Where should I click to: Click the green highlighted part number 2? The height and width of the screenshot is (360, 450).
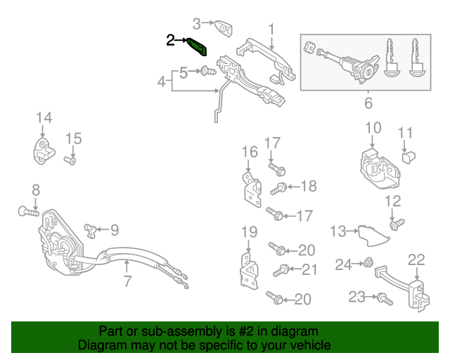point(197,46)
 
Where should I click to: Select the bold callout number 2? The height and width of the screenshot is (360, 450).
point(170,40)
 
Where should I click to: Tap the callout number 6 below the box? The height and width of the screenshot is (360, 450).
point(368,103)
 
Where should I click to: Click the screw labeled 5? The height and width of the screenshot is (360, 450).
point(208,70)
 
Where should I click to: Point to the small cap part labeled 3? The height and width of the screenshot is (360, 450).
point(224,28)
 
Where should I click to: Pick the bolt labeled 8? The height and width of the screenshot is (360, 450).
point(28,212)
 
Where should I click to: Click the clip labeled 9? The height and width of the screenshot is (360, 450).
point(91,231)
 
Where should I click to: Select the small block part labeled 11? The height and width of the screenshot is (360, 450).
point(409,157)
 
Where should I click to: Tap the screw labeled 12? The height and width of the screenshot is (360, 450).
point(397,224)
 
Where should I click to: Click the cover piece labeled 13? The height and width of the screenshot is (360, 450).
point(373,235)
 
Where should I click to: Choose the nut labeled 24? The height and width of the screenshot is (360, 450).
point(368,262)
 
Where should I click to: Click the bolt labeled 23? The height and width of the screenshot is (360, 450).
point(385,299)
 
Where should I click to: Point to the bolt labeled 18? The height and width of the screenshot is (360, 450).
point(278,188)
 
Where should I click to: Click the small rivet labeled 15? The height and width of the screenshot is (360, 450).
point(70,160)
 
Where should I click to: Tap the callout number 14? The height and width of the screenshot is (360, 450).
point(44,117)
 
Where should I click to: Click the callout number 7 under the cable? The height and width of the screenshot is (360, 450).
point(127,281)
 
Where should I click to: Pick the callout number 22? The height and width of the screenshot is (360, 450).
point(416,260)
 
